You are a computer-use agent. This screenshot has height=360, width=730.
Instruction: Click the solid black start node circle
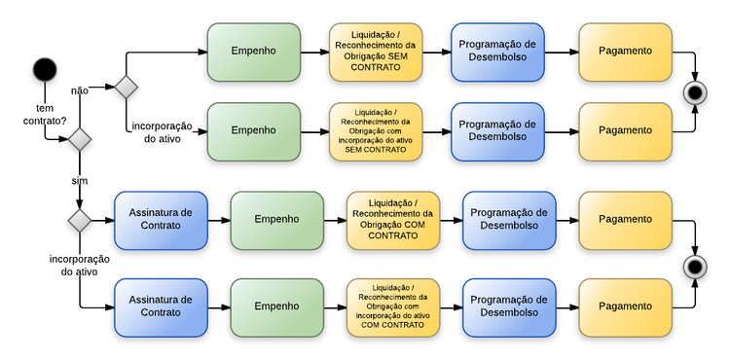(x=45, y=69)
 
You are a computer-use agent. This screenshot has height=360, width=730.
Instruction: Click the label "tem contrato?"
(x=44, y=115)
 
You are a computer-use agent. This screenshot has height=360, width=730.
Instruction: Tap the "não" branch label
(x=80, y=90)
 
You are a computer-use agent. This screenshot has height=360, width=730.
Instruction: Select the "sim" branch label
(x=80, y=182)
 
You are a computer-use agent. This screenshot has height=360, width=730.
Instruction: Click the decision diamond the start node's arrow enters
(x=80, y=140)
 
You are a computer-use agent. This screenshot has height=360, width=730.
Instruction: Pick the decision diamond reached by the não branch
(x=127, y=87)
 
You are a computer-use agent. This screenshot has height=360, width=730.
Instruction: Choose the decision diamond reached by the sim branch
(x=80, y=221)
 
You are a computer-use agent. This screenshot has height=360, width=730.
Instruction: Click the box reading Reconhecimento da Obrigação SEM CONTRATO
(x=376, y=52)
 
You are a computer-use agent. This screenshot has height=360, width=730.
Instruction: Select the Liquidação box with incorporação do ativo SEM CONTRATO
(x=376, y=131)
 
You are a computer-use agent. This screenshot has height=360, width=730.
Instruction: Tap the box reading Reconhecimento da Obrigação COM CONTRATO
(x=392, y=220)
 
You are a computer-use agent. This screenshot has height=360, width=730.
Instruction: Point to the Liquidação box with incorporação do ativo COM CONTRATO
(x=392, y=306)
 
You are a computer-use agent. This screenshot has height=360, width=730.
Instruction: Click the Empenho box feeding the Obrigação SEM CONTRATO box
(x=253, y=52)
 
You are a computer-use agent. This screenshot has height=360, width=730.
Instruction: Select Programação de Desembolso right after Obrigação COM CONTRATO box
(x=507, y=220)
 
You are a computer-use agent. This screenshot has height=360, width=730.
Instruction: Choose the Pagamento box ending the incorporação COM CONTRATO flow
(x=625, y=306)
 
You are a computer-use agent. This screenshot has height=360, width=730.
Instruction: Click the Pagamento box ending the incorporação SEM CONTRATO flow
(x=625, y=131)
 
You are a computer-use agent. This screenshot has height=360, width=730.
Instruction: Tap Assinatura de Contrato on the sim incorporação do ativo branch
(x=161, y=306)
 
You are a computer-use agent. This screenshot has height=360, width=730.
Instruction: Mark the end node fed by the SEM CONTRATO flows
(x=695, y=93)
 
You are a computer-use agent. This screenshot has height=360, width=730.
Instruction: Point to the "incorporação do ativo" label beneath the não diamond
(x=160, y=132)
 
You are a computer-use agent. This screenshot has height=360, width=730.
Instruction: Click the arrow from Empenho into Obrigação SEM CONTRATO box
(x=314, y=52)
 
